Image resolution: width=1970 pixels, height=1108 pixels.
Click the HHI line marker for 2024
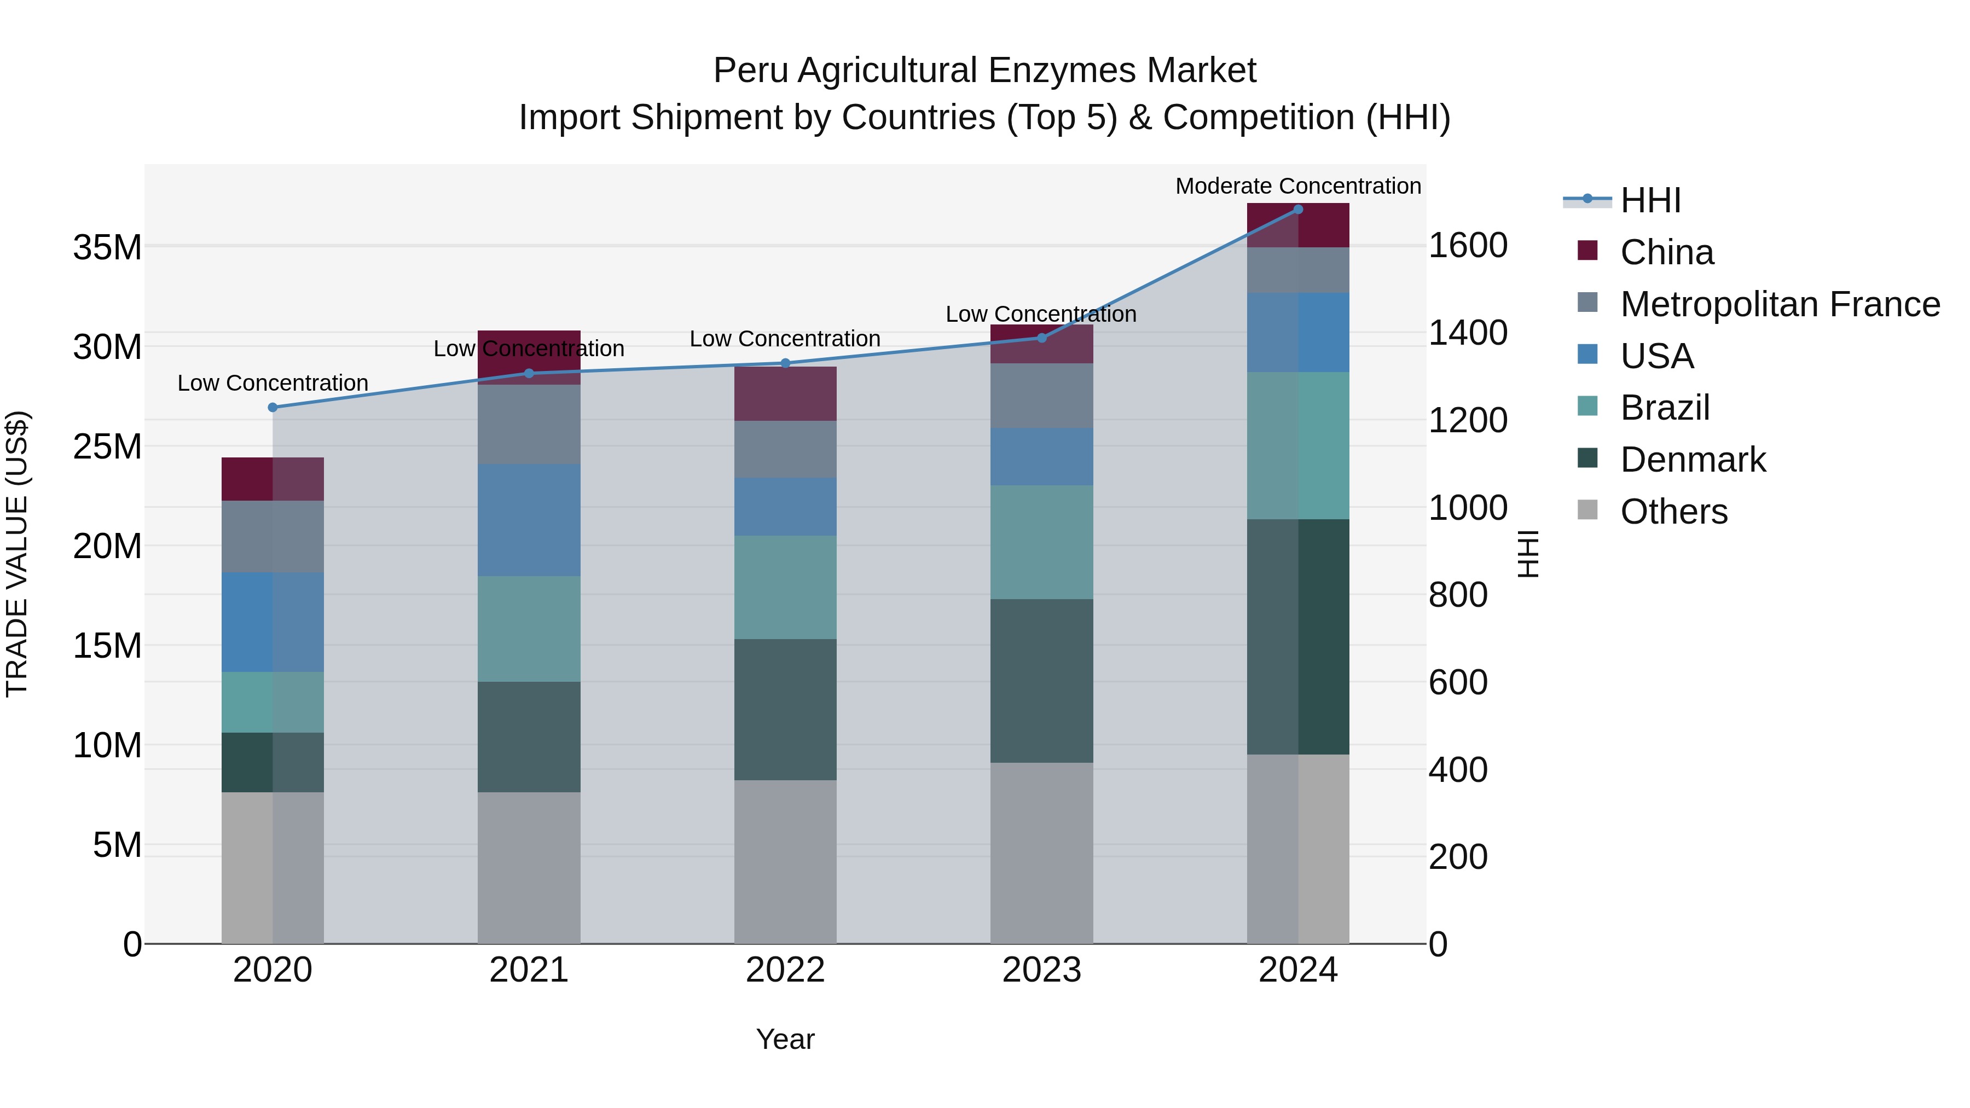(1298, 210)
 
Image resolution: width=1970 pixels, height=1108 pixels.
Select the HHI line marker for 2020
(273, 408)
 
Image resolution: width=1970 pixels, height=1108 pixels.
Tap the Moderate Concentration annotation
(1298, 186)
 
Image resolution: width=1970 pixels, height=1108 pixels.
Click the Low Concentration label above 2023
(1041, 314)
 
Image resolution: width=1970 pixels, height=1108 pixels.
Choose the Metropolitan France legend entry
(1780, 304)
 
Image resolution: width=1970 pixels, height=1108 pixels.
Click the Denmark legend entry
(1693, 460)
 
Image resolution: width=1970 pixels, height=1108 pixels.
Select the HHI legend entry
(1650, 200)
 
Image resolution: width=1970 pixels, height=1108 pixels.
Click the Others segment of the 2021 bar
(529, 868)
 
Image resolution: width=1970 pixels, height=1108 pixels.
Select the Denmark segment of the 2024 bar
(1298, 637)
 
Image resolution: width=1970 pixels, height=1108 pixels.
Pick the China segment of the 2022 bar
(785, 394)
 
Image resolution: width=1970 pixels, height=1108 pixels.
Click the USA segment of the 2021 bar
(529, 520)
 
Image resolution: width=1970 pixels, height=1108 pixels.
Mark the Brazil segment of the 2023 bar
(1041, 542)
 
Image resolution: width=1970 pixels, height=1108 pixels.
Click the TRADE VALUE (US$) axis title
(17, 554)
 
